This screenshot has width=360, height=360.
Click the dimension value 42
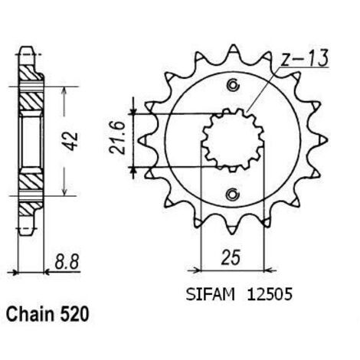[70, 142]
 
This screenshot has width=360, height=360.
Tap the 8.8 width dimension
[67, 261]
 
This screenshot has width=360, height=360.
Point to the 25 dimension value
[231, 257]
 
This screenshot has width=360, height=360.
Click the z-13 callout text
[304, 59]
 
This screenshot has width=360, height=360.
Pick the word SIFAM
[210, 294]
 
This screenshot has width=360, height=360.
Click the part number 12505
[269, 294]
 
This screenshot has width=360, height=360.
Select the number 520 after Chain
[75, 314]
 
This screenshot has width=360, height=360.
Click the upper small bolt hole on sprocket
[233, 86]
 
